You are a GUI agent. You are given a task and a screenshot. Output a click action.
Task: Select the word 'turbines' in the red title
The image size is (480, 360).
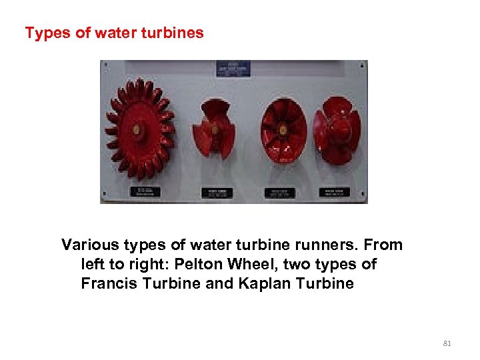tap(176, 33)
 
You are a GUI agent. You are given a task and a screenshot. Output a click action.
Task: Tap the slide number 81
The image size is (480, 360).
tap(447, 343)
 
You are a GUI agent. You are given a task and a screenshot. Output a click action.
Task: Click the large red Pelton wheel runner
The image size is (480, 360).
tap(139, 129)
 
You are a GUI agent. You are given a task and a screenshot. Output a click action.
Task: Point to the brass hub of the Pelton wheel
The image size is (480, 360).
tap(136, 129)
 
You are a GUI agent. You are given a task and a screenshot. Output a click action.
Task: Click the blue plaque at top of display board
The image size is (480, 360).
tap(233, 69)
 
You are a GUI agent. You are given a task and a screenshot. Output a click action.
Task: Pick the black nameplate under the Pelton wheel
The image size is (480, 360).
tap(145, 191)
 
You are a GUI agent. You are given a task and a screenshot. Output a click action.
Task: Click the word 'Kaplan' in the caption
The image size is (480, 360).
tap(273, 283)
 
